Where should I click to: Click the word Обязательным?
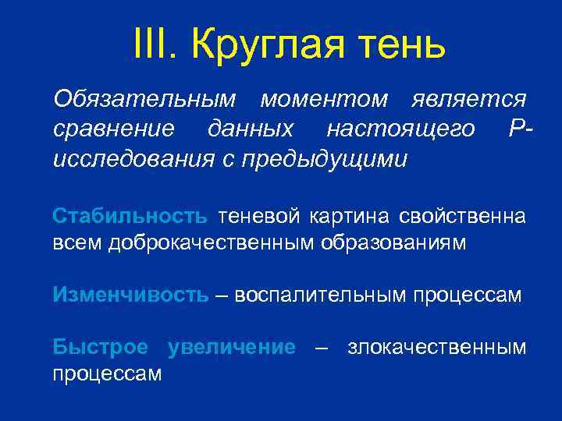144,99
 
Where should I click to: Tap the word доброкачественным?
212,242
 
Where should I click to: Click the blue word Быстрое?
100,347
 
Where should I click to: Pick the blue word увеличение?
232,347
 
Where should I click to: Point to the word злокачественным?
437,347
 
